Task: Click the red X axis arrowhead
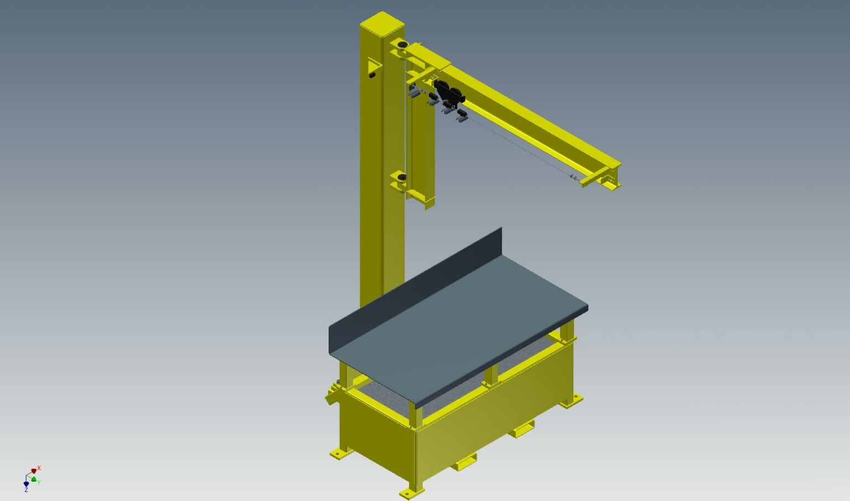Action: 34,471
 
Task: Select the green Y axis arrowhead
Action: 34,479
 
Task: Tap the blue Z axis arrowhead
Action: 26,484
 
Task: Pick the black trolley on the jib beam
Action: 448,94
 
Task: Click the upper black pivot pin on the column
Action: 402,44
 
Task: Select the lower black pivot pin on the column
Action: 402,177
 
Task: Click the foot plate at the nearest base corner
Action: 411,492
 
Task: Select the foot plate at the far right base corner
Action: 572,400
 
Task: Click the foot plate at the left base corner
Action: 340,453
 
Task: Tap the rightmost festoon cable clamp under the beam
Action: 462,115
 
